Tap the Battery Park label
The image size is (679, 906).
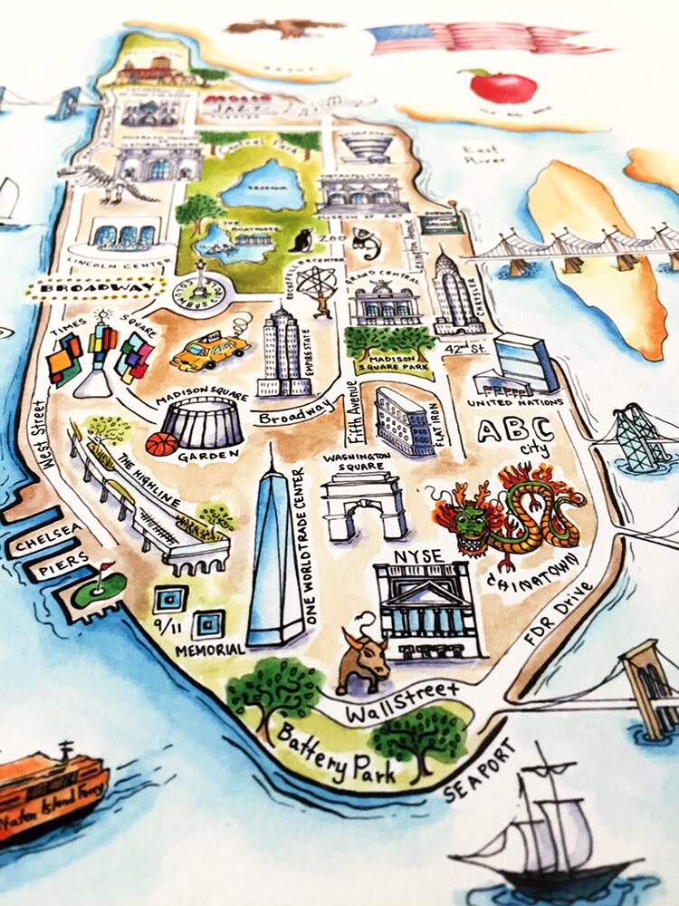coord(336,751)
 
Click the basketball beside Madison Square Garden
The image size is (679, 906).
coord(161,444)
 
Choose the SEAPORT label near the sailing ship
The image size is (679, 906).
coord(481,771)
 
